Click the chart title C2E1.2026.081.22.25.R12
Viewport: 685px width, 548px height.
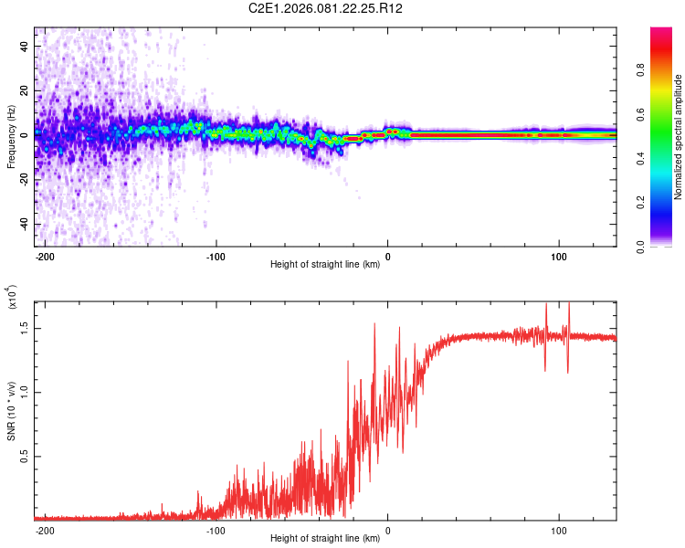326,8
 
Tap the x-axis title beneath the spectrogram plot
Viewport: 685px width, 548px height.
325,266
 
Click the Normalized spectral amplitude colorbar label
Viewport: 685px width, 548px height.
678,137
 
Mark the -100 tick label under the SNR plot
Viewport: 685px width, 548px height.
216,531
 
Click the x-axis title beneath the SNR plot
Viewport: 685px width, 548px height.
325,539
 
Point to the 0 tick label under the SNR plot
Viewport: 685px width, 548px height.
388,531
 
